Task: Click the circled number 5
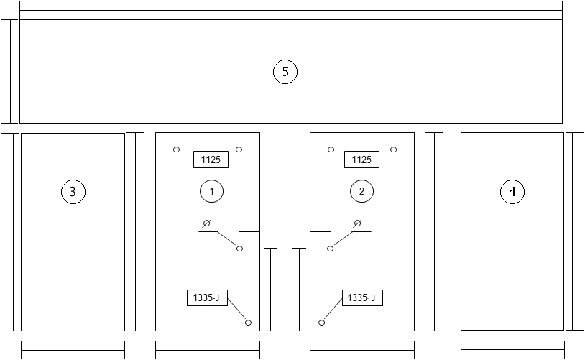click(285, 72)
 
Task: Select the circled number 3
click(73, 192)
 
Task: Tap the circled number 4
click(512, 192)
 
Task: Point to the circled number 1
click(211, 191)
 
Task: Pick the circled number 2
click(361, 191)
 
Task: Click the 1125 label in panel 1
click(211, 160)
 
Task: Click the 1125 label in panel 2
click(361, 160)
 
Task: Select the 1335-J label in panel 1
click(207, 297)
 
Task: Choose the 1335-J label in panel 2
click(362, 297)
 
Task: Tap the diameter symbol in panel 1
click(206, 223)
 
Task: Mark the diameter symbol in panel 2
click(357, 223)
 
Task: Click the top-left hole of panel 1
click(177, 149)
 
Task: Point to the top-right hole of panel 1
click(239, 149)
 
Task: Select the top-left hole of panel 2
click(331, 149)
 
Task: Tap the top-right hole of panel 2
click(393, 149)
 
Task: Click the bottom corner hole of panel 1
click(248, 323)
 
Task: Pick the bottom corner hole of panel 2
click(321, 323)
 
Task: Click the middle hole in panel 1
click(239, 249)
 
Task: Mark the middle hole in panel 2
click(330, 249)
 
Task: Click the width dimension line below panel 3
click(73, 351)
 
